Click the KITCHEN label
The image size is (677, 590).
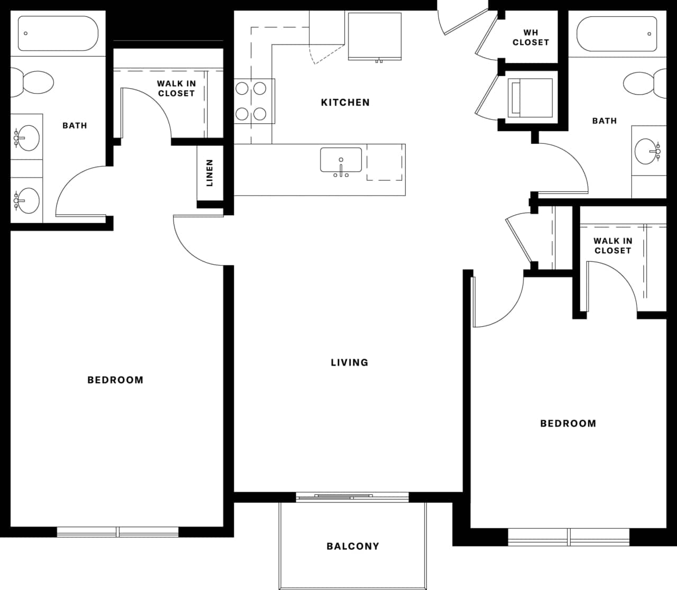click(x=345, y=103)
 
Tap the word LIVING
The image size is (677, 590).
click(x=349, y=363)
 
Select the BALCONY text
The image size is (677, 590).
click(x=353, y=547)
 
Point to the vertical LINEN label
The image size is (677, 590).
click(x=209, y=173)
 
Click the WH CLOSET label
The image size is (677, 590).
click(x=530, y=38)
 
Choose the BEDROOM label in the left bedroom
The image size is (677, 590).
click(x=115, y=380)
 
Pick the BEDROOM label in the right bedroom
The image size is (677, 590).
click(x=568, y=423)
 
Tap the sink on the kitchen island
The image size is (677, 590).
click(x=341, y=160)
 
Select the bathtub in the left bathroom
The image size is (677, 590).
click(x=58, y=33)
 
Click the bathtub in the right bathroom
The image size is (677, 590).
click(x=617, y=33)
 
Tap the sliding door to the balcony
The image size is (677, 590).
click(x=352, y=496)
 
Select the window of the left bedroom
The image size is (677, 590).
click(x=118, y=532)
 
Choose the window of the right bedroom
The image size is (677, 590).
click(x=569, y=537)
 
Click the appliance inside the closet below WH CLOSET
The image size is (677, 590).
click(x=530, y=98)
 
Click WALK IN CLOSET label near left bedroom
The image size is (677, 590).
click(x=176, y=88)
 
